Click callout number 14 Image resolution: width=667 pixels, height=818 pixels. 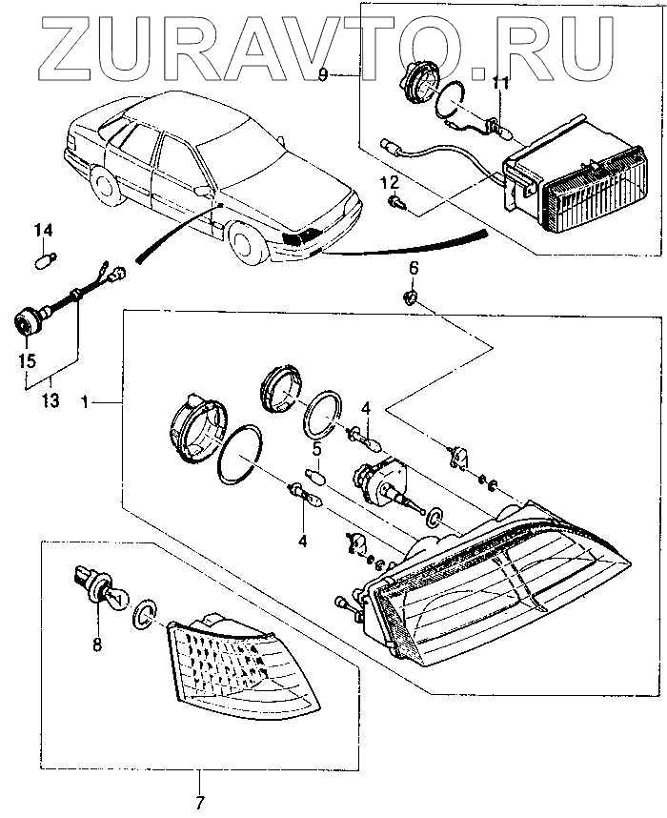click(45, 231)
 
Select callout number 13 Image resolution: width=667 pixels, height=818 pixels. click(51, 401)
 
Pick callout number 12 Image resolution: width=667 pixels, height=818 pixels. click(389, 182)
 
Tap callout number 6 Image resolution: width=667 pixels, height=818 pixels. click(413, 269)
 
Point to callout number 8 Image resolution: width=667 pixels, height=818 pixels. click(96, 644)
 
